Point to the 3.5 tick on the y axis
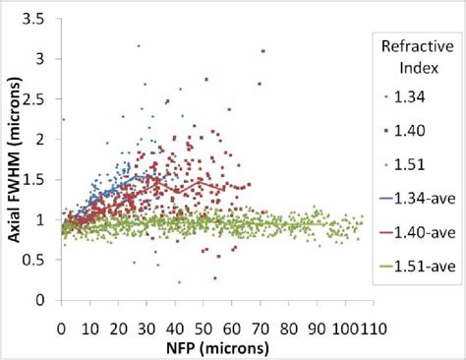tap(42, 19)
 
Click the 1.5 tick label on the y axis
tap(42, 180)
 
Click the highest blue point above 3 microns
tap(139, 45)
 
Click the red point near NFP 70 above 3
tap(262, 51)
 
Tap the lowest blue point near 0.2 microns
tap(179, 282)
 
